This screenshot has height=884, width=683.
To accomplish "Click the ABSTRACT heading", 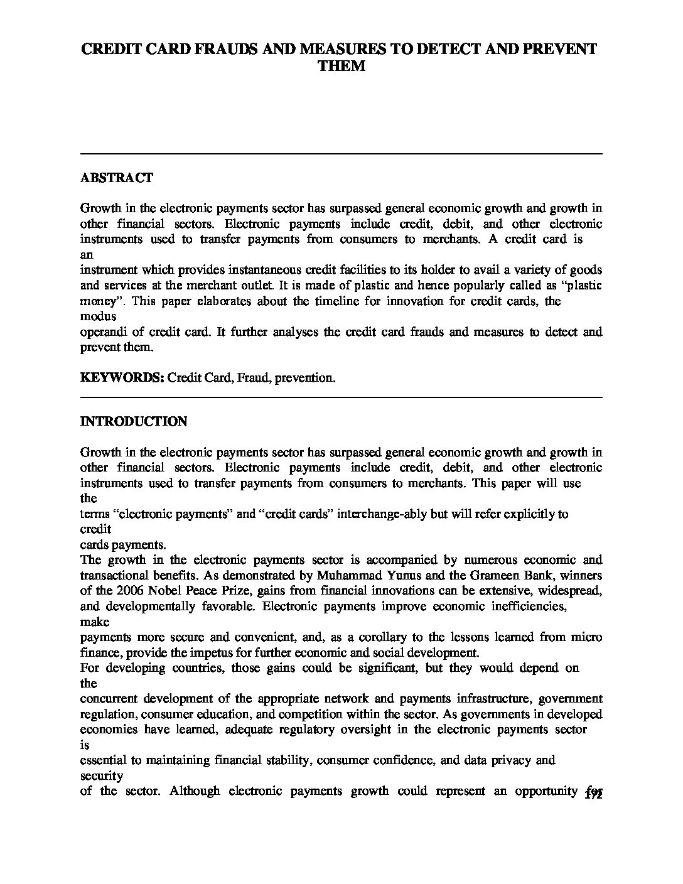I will coord(116,178).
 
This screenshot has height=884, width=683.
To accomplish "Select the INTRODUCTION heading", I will coord(133,421).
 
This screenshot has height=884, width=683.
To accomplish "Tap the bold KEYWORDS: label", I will coord(122,378).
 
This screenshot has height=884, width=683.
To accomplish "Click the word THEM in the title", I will coord(341,66).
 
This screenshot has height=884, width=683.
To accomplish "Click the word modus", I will coord(98,316).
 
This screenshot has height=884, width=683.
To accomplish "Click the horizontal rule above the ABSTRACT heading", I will coord(341,154).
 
